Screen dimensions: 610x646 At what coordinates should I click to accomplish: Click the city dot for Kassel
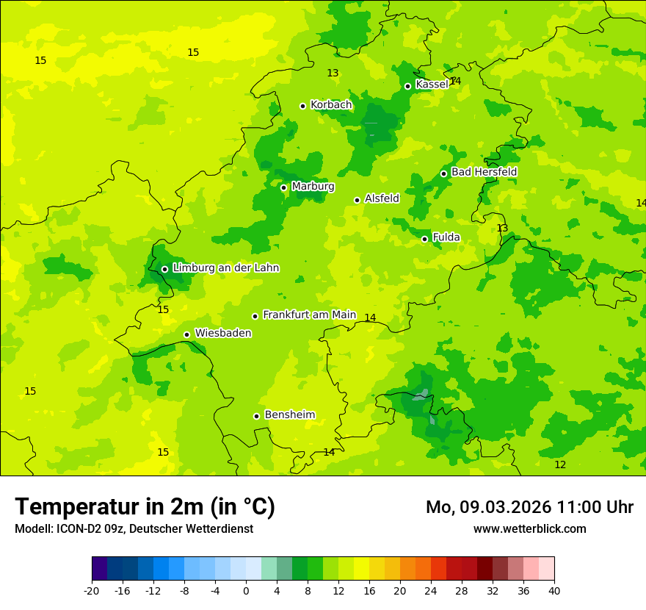point(407,86)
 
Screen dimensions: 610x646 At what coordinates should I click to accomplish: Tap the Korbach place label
point(331,105)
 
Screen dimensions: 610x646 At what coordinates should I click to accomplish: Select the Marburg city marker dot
point(283,187)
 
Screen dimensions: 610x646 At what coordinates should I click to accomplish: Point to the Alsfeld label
point(382,198)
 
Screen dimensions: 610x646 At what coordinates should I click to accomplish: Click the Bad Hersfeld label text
point(484,172)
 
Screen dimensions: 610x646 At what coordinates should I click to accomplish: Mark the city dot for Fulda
point(424,239)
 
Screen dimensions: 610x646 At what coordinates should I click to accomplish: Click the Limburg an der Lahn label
point(225,268)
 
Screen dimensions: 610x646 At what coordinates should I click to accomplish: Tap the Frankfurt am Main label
point(309,315)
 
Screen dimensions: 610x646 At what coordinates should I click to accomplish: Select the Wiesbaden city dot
point(186,334)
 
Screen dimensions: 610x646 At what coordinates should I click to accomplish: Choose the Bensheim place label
point(289,415)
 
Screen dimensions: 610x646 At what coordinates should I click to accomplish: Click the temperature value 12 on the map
point(560,465)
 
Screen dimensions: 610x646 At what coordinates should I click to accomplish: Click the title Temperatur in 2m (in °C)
point(145,507)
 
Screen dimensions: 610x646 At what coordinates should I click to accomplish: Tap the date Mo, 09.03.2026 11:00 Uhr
point(529,507)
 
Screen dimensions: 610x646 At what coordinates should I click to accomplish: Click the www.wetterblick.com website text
point(529,529)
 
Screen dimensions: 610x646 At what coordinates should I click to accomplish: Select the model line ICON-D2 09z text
point(134,529)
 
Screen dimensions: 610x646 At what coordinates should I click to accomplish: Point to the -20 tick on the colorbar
point(92,591)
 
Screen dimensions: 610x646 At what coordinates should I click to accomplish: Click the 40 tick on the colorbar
point(554,591)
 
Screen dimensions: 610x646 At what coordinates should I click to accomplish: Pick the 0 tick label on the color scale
point(246,591)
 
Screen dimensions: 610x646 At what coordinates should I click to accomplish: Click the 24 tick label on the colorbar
point(430,591)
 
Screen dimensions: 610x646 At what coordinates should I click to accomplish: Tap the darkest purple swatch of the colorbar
point(99,569)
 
